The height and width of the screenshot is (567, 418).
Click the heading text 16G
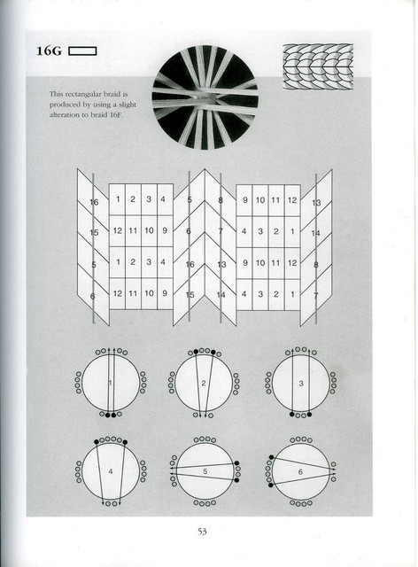click(x=49, y=51)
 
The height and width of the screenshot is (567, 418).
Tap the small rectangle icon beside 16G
click(x=82, y=51)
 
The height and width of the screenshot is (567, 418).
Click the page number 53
click(x=202, y=532)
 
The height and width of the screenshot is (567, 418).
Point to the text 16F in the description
click(x=116, y=115)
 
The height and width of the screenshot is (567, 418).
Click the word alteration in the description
click(x=64, y=115)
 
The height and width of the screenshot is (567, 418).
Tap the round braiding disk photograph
click(x=205, y=97)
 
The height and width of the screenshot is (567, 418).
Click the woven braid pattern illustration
click(x=318, y=67)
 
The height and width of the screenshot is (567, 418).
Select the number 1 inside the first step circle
click(x=111, y=383)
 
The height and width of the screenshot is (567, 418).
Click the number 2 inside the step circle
click(x=204, y=384)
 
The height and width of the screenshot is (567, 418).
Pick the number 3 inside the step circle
click(x=301, y=384)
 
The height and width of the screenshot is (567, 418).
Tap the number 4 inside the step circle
click(x=111, y=471)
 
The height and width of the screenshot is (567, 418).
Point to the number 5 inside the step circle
click(x=205, y=471)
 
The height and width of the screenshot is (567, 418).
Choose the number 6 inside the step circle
click(x=300, y=472)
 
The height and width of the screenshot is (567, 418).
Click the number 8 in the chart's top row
click(x=221, y=200)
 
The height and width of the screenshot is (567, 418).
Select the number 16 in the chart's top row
click(x=94, y=202)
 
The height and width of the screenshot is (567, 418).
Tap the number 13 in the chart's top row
click(x=316, y=203)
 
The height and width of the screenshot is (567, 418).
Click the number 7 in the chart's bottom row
click(x=315, y=296)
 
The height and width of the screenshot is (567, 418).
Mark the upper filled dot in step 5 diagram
click(x=236, y=462)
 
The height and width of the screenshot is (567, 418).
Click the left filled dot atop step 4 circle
click(x=97, y=442)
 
